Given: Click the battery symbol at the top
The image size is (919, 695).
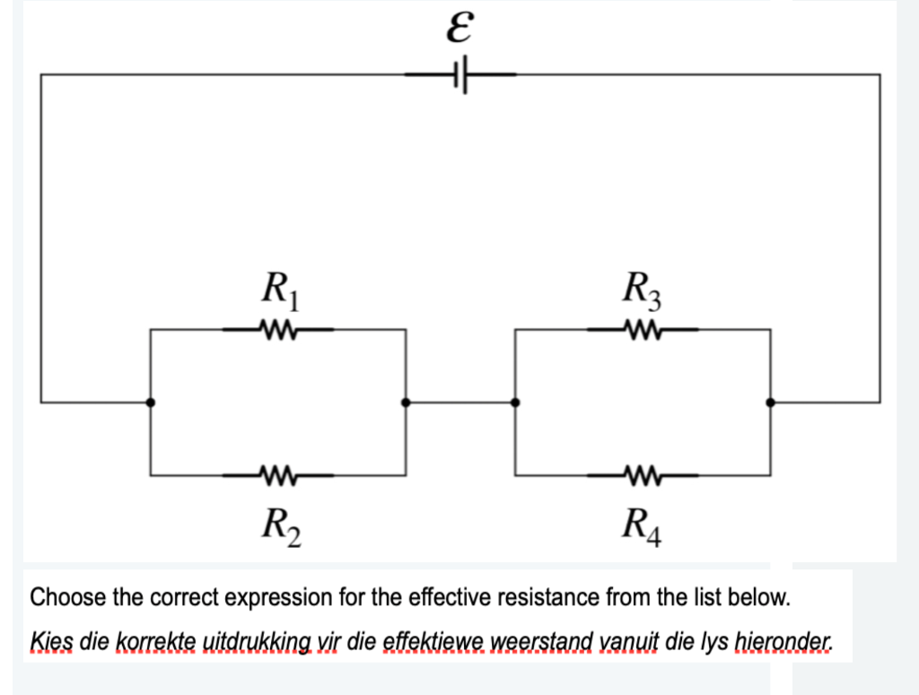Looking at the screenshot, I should [461, 75].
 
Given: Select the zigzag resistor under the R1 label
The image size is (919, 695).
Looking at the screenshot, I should [278, 329].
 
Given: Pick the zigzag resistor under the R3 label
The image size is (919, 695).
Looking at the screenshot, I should [643, 329].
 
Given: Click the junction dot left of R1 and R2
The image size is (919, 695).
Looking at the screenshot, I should [151, 403].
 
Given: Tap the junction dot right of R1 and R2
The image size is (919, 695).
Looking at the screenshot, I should [406, 403].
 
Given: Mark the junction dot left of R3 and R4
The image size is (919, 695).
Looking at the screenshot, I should [515, 403].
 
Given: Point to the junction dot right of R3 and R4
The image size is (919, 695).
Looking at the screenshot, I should [770, 403].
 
